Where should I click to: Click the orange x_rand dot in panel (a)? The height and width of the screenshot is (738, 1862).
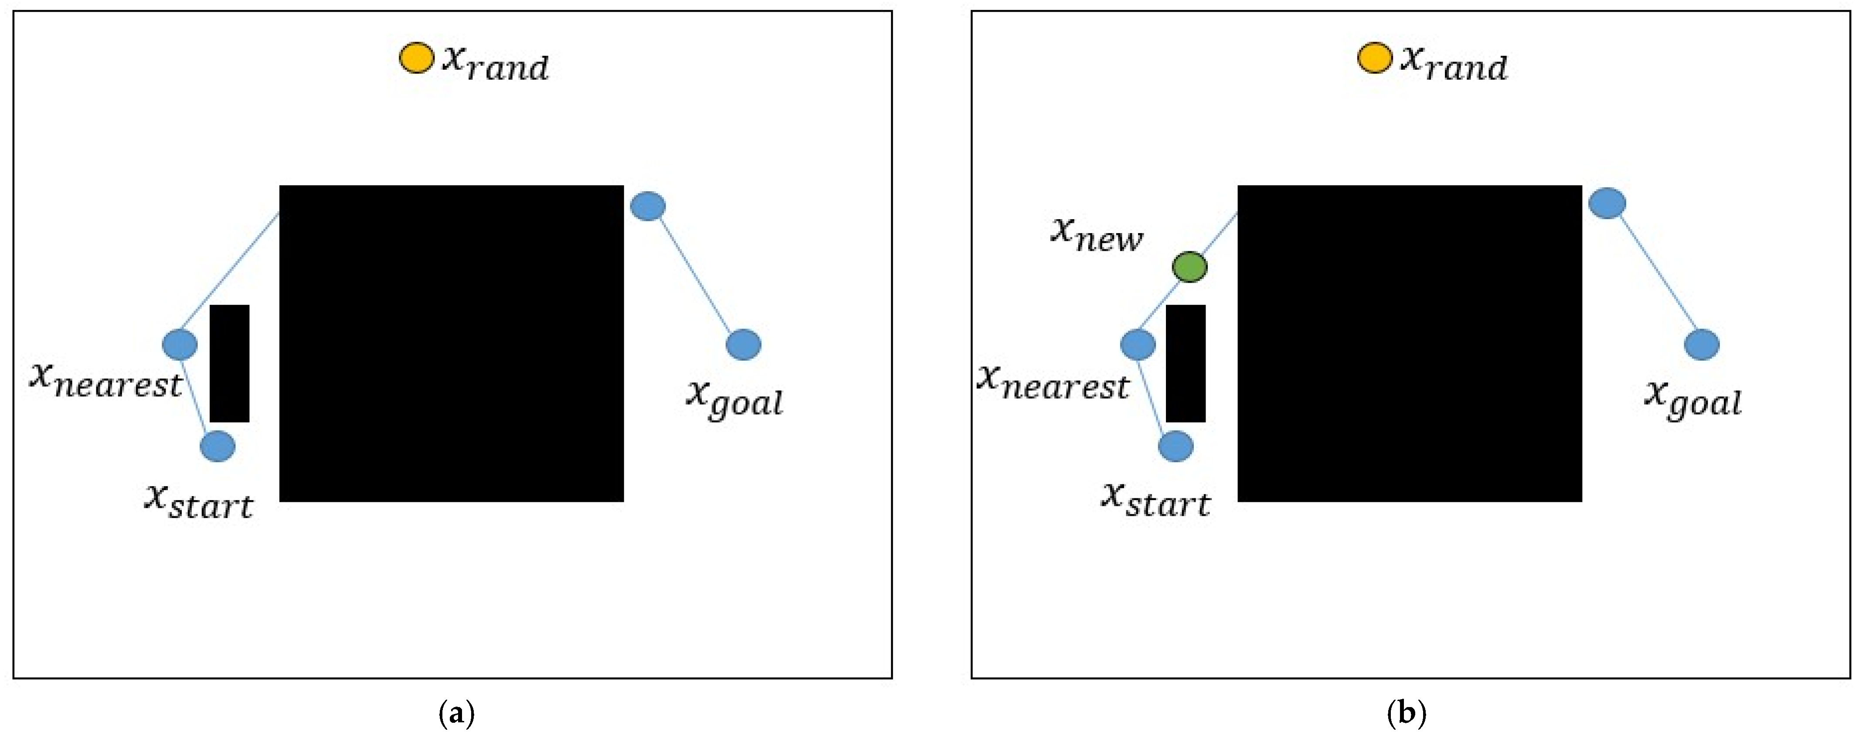[x=416, y=58]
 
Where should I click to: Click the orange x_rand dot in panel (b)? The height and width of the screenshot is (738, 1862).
[x=1374, y=58]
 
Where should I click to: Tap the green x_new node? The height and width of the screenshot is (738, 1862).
[x=1189, y=267]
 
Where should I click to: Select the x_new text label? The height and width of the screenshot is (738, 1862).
[x=1097, y=234]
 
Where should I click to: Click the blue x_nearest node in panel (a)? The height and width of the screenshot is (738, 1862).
[x=180, y=344]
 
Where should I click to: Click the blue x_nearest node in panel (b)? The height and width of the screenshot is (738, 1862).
[x=1138, y=344]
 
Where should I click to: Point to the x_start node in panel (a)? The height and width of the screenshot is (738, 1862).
[x=217, y=446]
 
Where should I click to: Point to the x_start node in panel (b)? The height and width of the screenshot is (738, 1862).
[x=1176, y=446]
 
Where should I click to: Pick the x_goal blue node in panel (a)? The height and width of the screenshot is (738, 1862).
[x=743, y=344]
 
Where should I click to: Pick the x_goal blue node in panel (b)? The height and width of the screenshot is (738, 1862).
[x=1702, y=344]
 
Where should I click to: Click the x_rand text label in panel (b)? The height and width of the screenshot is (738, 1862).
[x=1454, y=64]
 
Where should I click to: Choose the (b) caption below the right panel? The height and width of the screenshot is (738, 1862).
[x=1407, y=714]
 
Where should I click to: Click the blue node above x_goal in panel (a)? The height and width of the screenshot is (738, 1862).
[x=648, y=206]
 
